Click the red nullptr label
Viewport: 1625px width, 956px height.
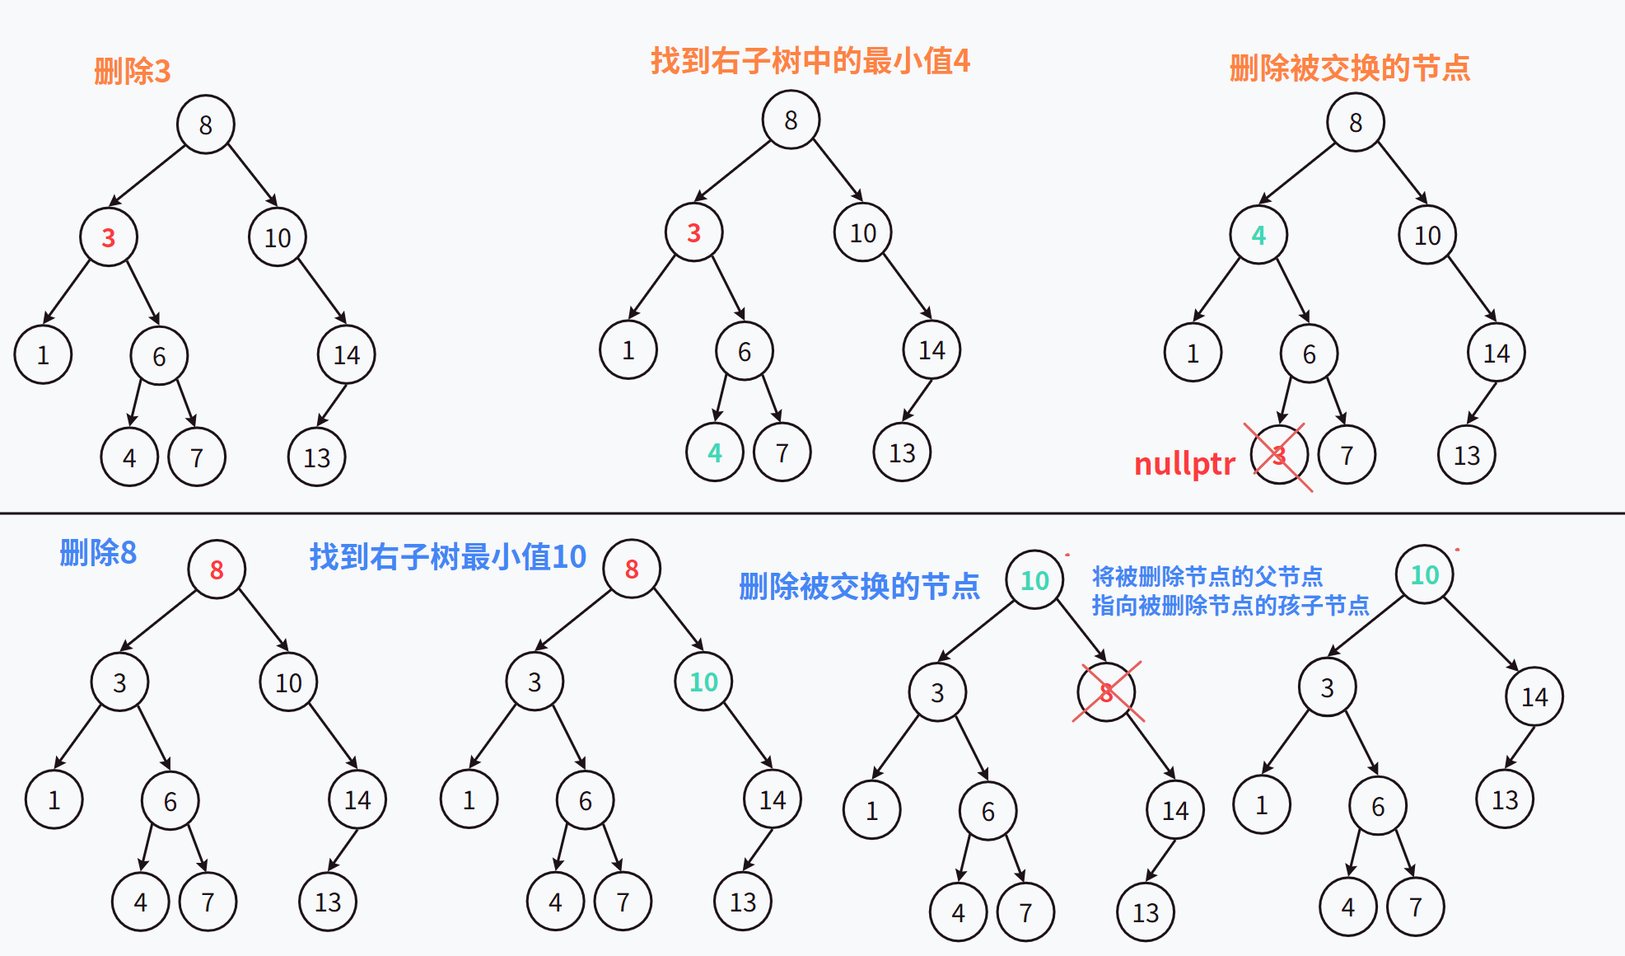(x=1184, y=464)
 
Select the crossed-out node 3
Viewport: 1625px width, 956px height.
(x=1278, y=454)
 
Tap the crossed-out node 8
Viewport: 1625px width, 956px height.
(x=1106, y=692)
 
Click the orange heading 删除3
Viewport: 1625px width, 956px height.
(x=132, y=72)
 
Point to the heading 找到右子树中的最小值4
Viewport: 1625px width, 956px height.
(x=810, y=61)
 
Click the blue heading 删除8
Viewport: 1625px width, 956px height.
(x=98, y=553)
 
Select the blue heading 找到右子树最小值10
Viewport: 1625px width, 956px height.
(x=447, y=557)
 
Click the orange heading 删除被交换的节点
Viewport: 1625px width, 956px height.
(x=1349, y=68)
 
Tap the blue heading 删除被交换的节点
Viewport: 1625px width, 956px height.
(x=859, y=586)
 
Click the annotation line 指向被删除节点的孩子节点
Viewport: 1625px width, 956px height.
(x=1230, y=606)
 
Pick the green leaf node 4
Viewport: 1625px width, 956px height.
(x=714, y=452)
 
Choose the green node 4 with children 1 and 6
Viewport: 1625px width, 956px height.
(x=1258, y=236)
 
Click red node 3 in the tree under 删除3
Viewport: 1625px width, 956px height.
(x=108, y=238)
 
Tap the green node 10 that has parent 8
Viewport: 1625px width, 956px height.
(x=703, y=682)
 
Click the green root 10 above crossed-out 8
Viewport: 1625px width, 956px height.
(x=1034, y=580)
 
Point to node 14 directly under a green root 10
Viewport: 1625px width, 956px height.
(x=1534, y=697)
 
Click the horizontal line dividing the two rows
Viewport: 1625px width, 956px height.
(x=812, y=513)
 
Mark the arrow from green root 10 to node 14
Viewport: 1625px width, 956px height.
(x=1480, y=635)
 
